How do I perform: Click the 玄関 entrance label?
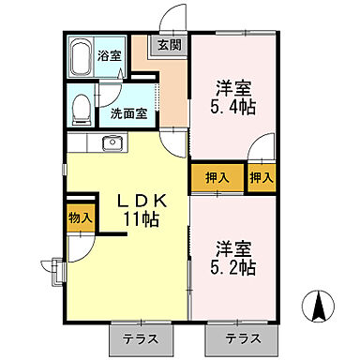click(169, 44)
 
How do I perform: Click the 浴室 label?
click(109, 55)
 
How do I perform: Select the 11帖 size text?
click(142, 219)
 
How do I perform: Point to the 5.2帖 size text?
click(234, 268)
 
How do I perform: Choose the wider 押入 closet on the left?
click(217, 176)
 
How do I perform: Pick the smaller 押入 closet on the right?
click(262, 175)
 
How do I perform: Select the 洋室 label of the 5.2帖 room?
click(234, 247)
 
